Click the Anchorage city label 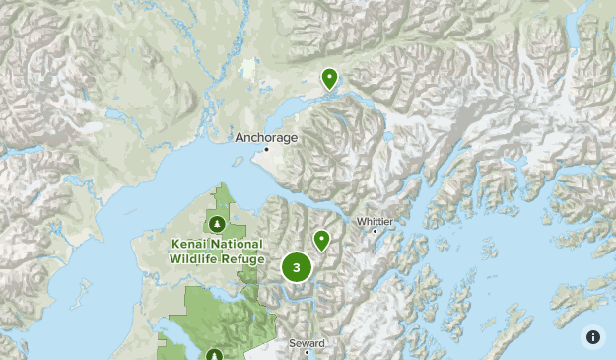point(265,137)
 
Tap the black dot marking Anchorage point(265,149)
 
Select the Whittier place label point(375,221)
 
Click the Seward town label point(307,342)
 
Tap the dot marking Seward point(308,352)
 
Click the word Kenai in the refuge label point(190,244)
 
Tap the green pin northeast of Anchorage point(329,78)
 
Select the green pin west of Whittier point(321,240)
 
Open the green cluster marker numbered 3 point(297,266)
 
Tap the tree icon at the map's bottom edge point(215,353)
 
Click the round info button point(593,337)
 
